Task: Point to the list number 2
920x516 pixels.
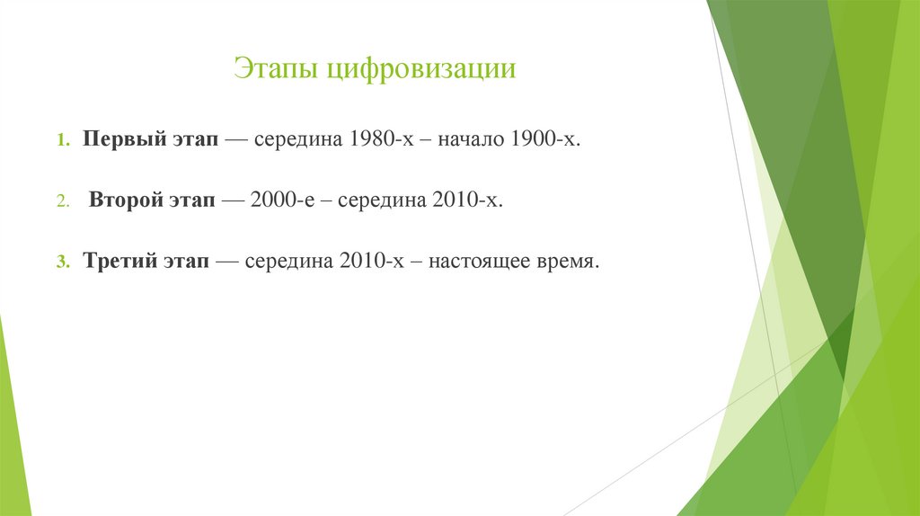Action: (x=64, y=201)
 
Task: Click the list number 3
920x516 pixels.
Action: (x=64, y=262)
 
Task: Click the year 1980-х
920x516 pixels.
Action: (x=382, y=139)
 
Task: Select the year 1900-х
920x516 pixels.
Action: (x=545, y=139)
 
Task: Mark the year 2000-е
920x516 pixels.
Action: (x=283, y=200)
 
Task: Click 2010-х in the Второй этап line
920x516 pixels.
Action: (x=467, y=200)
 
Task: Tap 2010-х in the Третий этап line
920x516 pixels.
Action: (x=372, y=261)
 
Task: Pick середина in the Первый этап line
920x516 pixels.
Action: (x=298, y=140)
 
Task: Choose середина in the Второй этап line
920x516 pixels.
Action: (x=382, y=201)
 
